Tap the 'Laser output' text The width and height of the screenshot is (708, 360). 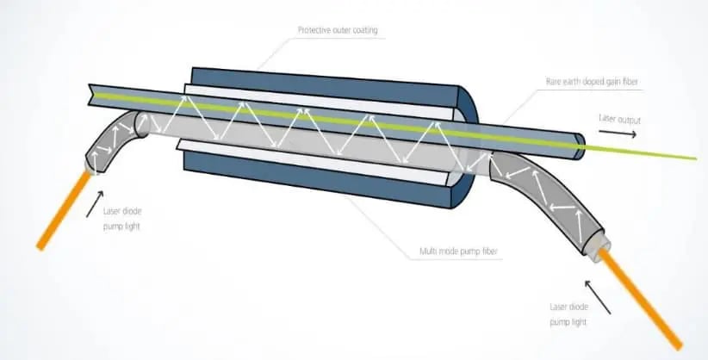coord(618,117)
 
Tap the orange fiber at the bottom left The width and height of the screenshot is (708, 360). coord(60,210)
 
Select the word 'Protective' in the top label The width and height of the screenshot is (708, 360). coord(315,30)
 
